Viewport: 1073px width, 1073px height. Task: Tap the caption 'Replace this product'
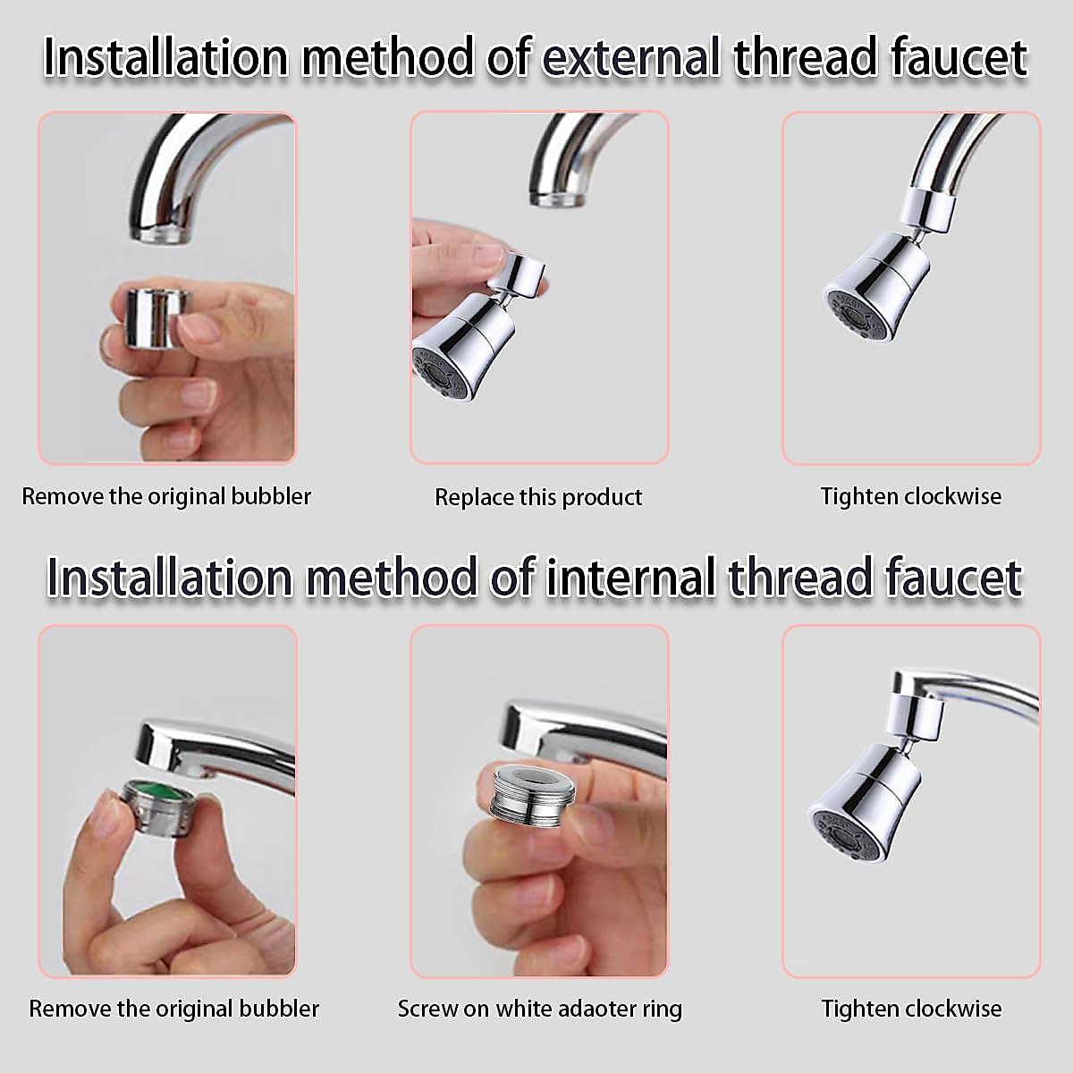[538, 497]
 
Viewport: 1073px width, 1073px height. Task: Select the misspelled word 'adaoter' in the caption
[581, 1010]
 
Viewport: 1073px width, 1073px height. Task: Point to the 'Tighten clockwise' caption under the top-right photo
[911, 496]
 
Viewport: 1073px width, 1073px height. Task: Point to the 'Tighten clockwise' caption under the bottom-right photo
[911, 1010]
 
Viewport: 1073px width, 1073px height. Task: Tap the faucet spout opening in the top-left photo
[161, 234]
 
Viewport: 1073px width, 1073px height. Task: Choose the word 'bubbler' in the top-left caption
[271, 496]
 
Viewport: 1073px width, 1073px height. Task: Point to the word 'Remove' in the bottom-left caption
[65, 1010]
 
